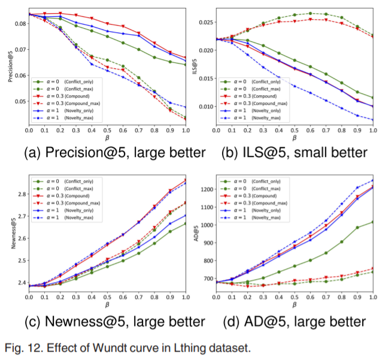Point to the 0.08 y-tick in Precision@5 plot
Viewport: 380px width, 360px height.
pyautogui.click(x=17, y=23)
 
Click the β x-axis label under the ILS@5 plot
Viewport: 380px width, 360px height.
pyautogui.click(x=293, y=138)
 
